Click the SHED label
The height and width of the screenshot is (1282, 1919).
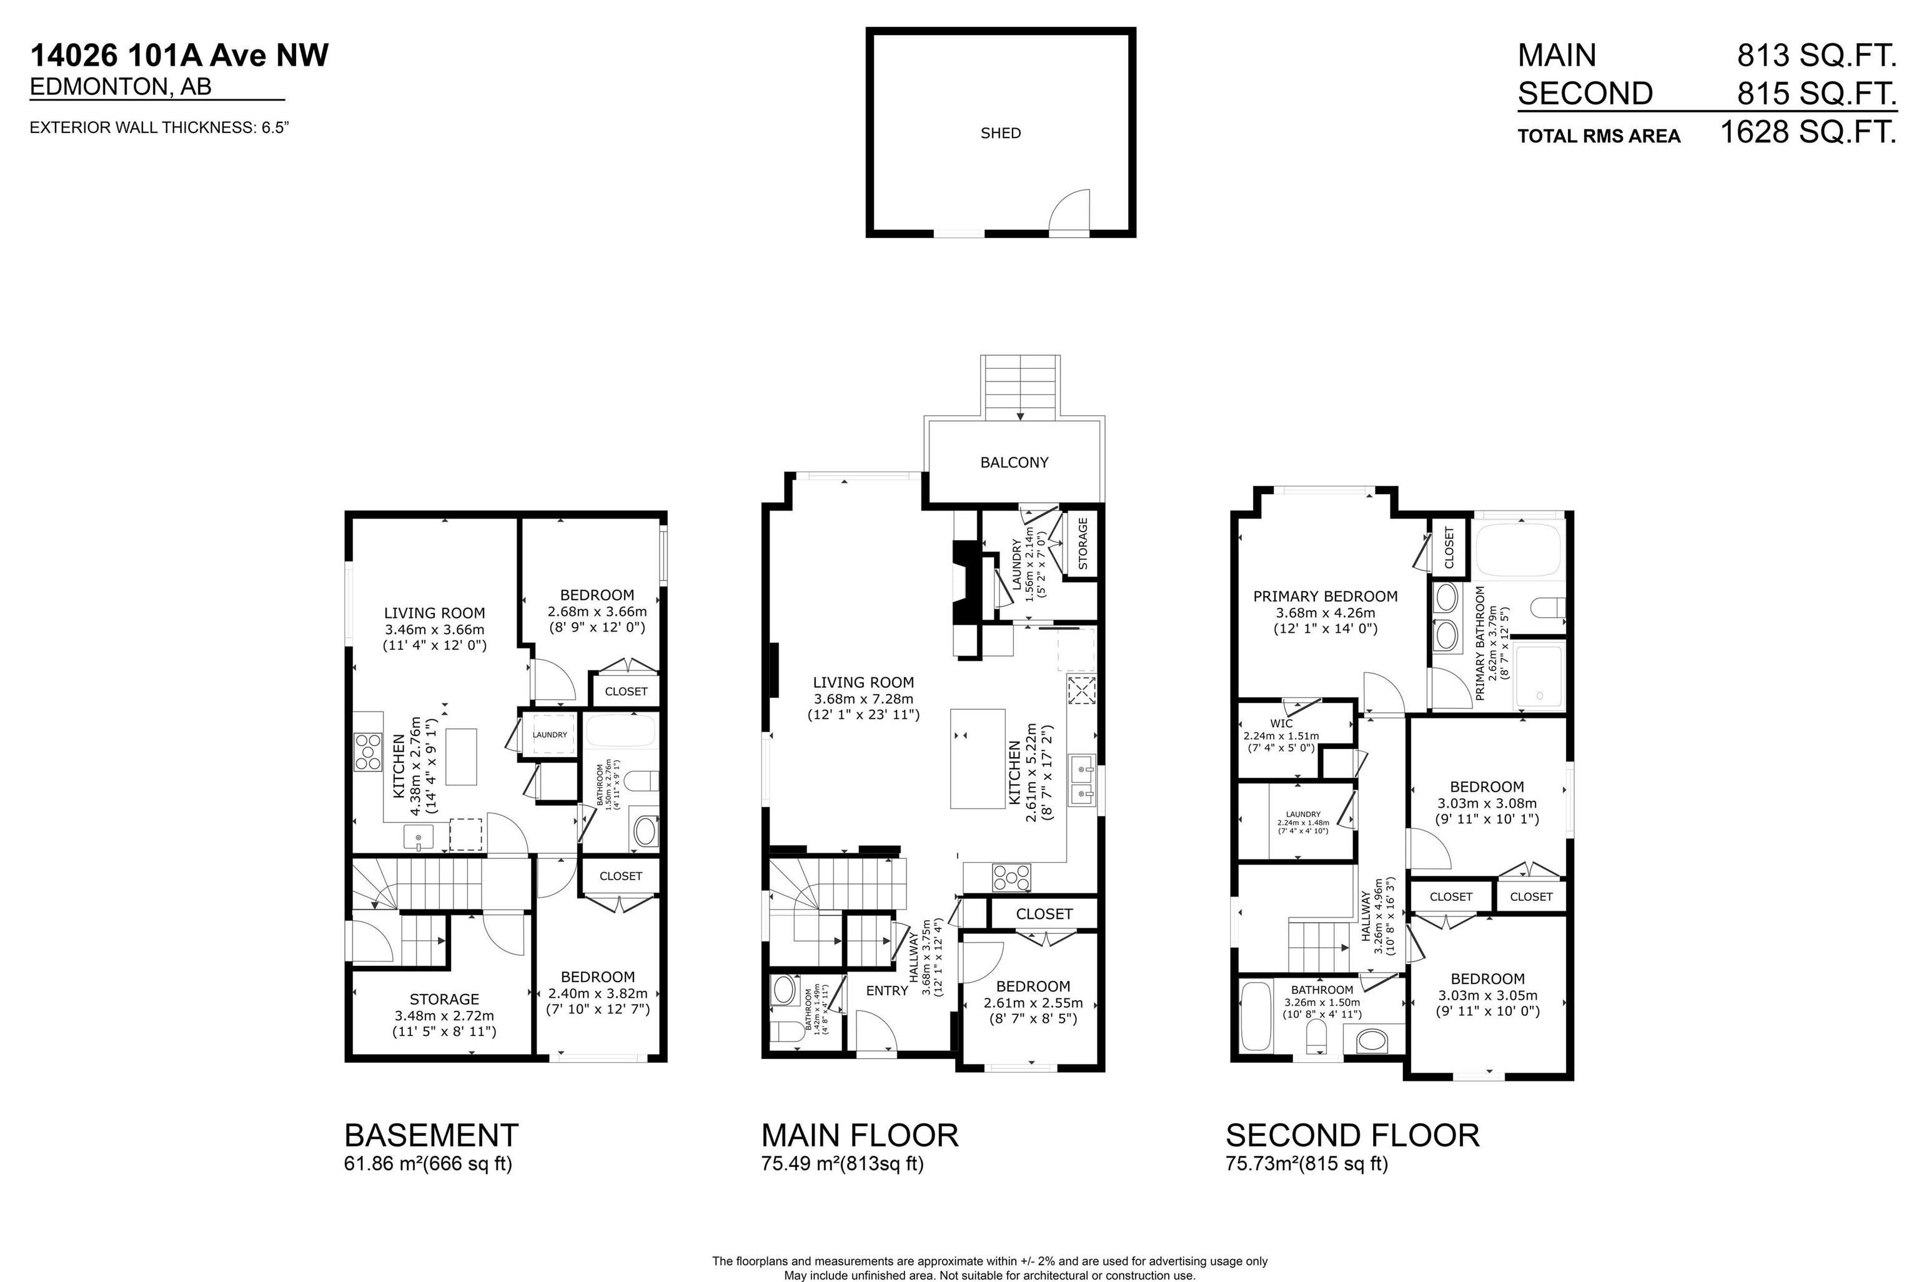click(x=1000, y=133)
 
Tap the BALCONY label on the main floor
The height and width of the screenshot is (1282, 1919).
click(x=1014, y=463)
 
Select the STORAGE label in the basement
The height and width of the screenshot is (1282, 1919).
click(x=444, y=999)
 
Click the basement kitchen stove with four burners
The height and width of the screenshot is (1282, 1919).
click(x=368, y=752)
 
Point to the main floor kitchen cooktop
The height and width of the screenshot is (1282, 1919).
click(x=1012, y=877)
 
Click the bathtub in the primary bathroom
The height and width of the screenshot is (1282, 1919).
click(x=1519, y=551)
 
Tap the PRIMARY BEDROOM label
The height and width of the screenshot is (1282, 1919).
click(x=1325, y=597)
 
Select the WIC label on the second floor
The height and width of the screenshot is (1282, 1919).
click(x=1281, y=723)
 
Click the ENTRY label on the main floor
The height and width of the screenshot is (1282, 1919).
click(x=887, y=991)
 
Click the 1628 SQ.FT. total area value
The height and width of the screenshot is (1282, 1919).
click(x=1808, y=132)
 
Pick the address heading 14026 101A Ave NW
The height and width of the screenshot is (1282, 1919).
click(x=180, y=56)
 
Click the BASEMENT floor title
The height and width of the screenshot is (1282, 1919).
click(x=432, y=1136)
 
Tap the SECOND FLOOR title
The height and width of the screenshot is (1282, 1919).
click(x=1352, y=1136)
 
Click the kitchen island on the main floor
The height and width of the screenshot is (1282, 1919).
click(x=978, y=758)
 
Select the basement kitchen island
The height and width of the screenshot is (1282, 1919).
click(x=461, y=757)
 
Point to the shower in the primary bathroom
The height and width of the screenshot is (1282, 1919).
click(x=1539, y=676)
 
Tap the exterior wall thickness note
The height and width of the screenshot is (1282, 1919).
click(x=160, y=127)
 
